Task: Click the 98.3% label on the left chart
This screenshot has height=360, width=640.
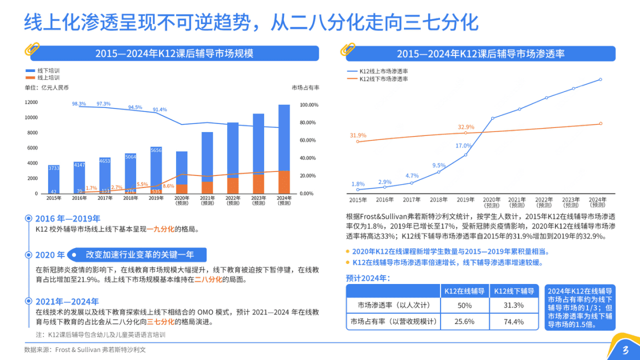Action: click(79, 103)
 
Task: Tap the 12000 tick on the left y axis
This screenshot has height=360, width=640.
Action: click(31, 102)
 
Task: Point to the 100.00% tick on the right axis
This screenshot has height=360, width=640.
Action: click(308, 105)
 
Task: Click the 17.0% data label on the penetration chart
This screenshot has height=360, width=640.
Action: click(463, 145)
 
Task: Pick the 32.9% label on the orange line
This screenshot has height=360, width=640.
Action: click(465, 127)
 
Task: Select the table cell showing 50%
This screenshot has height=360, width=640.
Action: click(464, 305)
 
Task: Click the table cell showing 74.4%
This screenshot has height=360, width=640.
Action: click(514, 321)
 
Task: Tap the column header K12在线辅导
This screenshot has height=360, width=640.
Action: click(464, 291)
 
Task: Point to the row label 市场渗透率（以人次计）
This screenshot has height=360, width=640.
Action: click(393, 305)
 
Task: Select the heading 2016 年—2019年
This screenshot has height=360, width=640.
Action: click(67, 218)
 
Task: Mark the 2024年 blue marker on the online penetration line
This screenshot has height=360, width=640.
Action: click(600, 79)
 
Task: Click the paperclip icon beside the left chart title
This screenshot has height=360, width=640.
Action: click(32, 50)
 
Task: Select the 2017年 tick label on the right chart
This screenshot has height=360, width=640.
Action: click(411, 199)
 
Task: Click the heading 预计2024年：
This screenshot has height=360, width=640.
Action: click(368, 278)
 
